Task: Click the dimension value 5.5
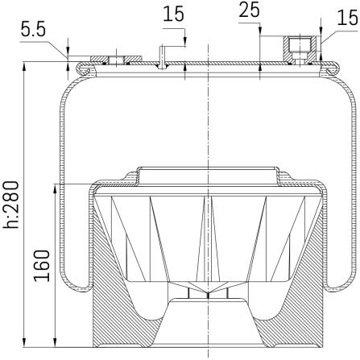34,30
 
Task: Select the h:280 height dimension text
11,205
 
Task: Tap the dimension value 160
42,266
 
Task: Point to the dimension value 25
250,10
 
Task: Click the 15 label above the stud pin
174,14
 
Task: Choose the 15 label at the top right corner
348,18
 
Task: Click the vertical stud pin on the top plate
162,57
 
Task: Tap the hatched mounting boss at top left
116,59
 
